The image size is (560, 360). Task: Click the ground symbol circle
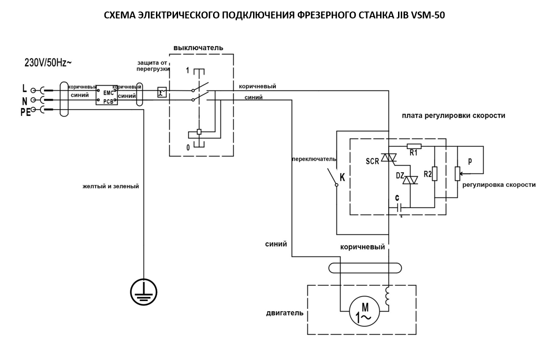144,291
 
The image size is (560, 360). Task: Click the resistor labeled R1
414,146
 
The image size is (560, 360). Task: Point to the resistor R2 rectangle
434,174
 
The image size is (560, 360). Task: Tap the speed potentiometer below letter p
457,174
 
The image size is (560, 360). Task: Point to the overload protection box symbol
162,92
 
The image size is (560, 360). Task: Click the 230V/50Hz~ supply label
48,63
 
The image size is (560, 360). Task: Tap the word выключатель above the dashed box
198,48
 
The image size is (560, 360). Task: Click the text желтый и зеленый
110,186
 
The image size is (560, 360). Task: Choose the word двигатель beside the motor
284,313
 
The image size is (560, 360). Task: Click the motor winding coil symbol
388,297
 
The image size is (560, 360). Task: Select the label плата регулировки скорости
453,116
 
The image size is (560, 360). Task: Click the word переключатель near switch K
314,159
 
